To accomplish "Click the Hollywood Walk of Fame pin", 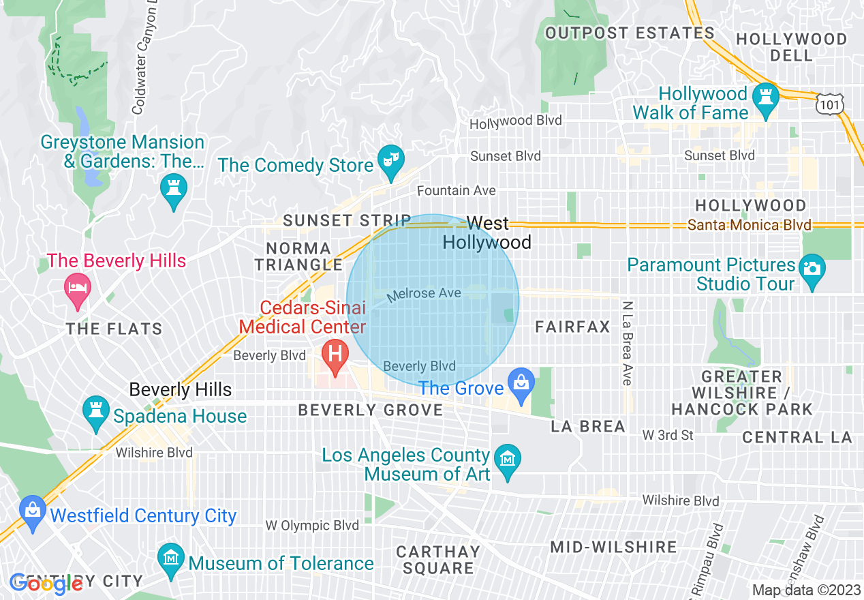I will coord(767,100).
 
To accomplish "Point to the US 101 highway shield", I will coord(830,103).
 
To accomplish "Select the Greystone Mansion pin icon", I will coord(173,188).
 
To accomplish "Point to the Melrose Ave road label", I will coord(424,294).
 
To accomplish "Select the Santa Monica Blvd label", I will coord(749,225).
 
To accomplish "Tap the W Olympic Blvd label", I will coord(312,526).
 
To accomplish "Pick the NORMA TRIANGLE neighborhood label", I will coord(298,256).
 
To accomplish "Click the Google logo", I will coord(46,583).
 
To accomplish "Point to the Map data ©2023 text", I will coord(805,590).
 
